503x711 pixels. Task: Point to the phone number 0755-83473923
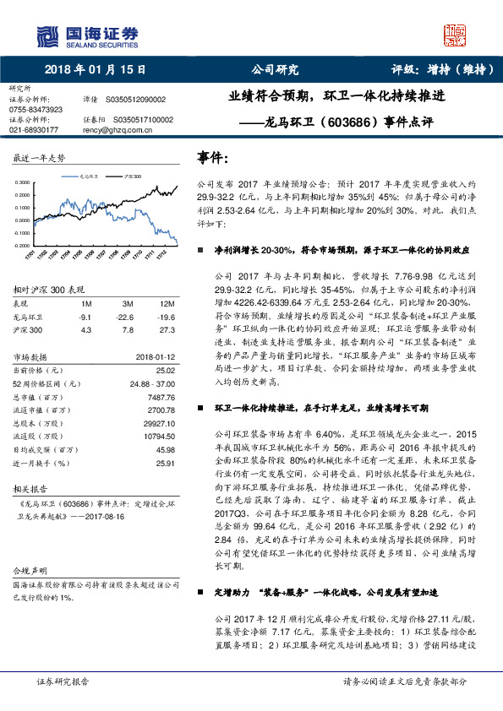coord(36,110)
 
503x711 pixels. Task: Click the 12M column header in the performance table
coord(167,303)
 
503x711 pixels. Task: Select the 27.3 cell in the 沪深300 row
coord(167,330)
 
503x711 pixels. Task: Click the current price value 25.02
coord(165,370)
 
